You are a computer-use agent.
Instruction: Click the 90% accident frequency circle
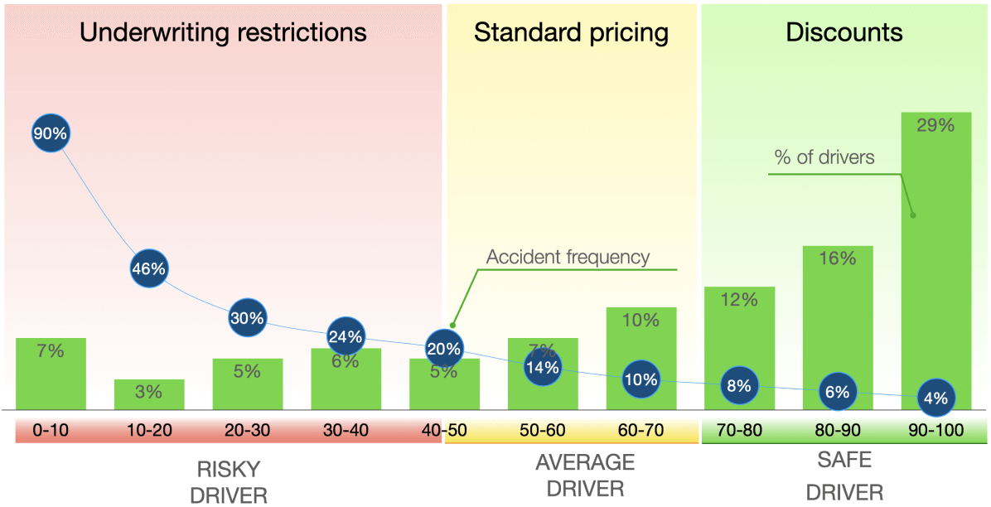tap(50, 133)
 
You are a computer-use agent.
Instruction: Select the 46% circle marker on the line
tap(149, 268)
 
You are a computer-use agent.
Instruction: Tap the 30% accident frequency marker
tap(247, 318)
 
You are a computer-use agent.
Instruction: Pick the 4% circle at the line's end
tap(935, 398)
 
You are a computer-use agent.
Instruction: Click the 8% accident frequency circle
tap(738, 385)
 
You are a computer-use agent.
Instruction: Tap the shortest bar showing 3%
tap(149, 394)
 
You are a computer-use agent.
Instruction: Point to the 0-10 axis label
tap(50, 430)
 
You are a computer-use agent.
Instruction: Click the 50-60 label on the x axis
tap(542, 430)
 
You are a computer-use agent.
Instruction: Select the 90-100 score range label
tap(935, 430)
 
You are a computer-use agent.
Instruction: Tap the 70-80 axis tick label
tap(739, 430)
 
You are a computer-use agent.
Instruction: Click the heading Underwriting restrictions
tap(223, 32)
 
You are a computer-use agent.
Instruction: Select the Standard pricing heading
tap(571, 32)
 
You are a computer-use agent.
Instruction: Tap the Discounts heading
tap(844, 32)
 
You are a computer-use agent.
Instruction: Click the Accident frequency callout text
tap(568, 257)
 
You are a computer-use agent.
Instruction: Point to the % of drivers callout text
tap(824, 157)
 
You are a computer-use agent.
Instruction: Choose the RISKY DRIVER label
tap(229, 483)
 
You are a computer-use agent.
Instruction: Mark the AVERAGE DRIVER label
tap(584, 475)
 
